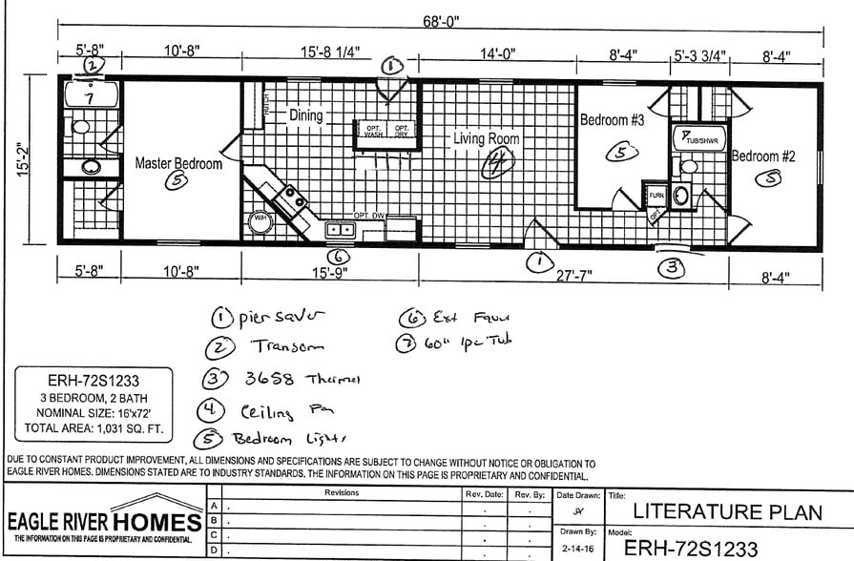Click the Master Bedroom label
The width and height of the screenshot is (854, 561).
(x=177, y=163)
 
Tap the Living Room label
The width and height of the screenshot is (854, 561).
(x=487, y=139)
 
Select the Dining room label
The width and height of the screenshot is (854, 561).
(x=306, y=115)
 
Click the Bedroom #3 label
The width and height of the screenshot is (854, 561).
(x=613, y=120)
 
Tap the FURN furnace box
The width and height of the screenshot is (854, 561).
(x=656, y=196)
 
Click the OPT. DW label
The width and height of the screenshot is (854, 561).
(x=367, y=217)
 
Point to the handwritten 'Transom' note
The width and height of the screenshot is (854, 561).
(x=287, y=347)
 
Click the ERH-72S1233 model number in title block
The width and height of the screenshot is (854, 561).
(x=691, y=548)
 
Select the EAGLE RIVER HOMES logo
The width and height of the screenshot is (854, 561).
(x=105, y=521)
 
